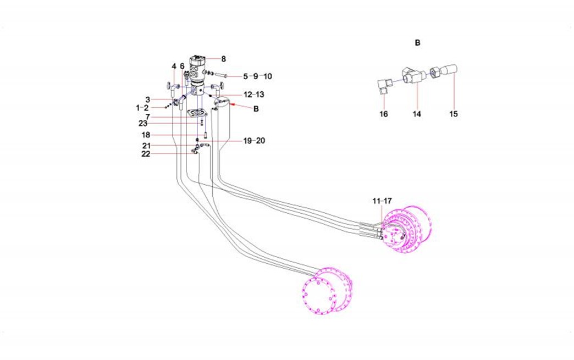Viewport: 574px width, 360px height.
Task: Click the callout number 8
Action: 224,59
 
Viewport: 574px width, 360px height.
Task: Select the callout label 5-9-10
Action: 257,76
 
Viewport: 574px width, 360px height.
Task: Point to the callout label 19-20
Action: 254,141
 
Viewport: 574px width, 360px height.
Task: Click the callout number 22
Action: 145,154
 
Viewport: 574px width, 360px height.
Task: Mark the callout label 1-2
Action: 142,108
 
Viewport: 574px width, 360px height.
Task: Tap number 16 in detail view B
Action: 384,114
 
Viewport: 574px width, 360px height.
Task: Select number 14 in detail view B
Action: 417,114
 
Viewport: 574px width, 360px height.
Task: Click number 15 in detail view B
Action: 454,114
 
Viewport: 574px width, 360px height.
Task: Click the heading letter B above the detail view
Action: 417,42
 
